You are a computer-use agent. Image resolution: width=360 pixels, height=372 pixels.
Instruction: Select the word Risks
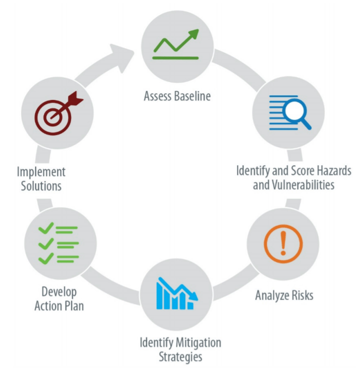point(301,295)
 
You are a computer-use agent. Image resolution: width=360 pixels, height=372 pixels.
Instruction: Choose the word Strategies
point(180,358)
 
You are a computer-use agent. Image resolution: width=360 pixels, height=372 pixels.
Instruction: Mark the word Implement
point(40,172)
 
